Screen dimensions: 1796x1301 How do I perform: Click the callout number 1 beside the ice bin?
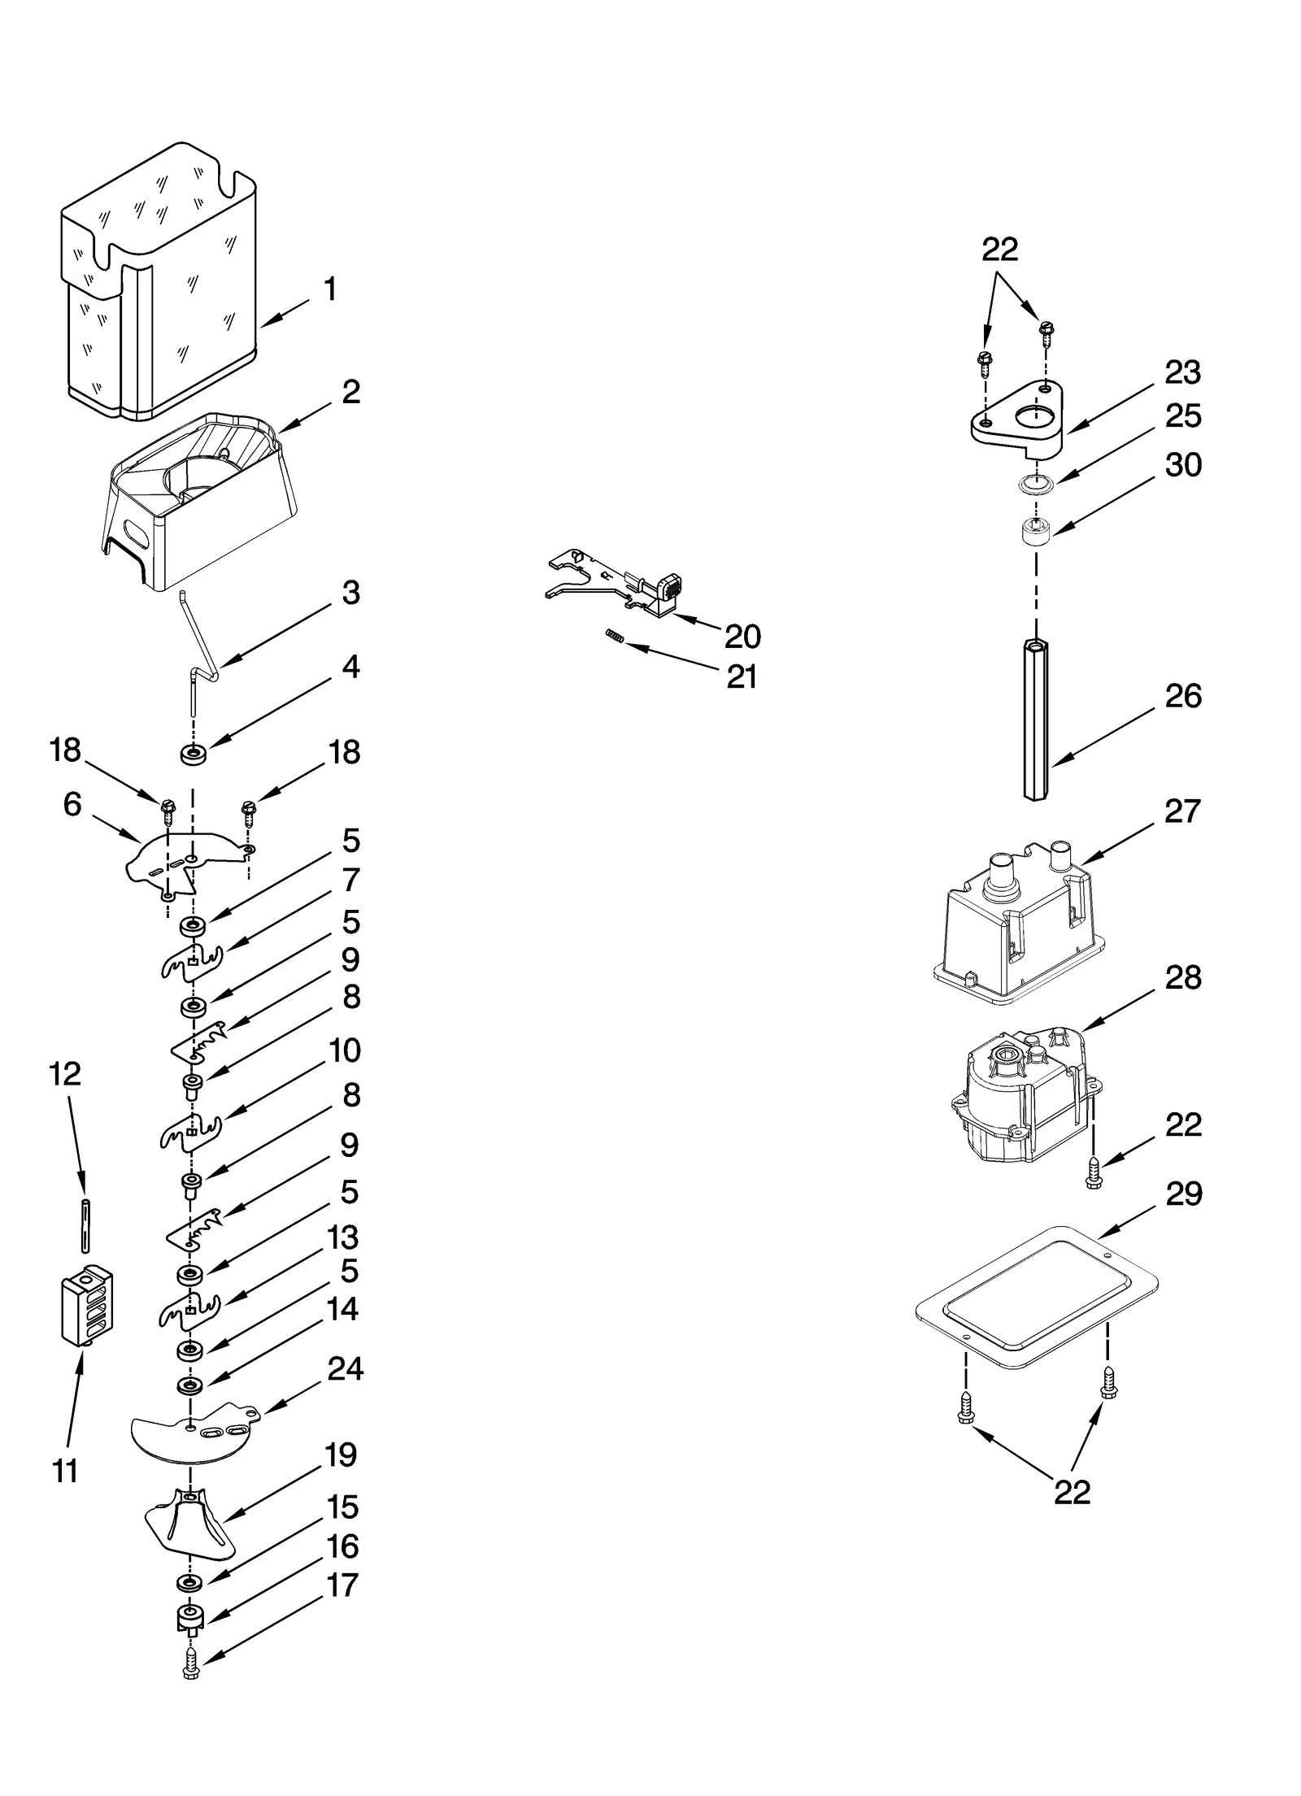pyautogui.click(x=330, y=289)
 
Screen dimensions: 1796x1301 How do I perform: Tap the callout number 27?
pyautogui.click(x=1182, y=811)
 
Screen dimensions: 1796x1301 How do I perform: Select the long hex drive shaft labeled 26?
pyautogui.click(x=1035, y=719)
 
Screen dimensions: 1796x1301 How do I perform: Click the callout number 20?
pyautogui.click(x=742, y=636)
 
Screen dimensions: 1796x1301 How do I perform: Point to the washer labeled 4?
pyautogui.click(x=193, y=755)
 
